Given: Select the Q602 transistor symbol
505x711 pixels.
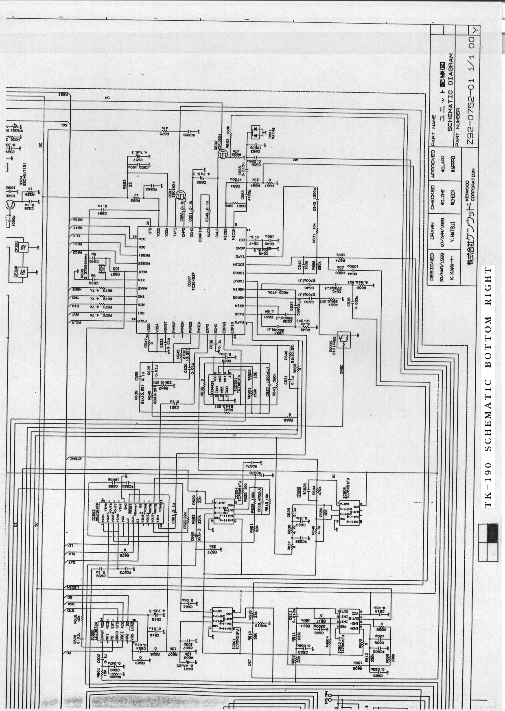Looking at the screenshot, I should click(222, 154).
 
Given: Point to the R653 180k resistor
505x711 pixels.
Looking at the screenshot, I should click(230, 134).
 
